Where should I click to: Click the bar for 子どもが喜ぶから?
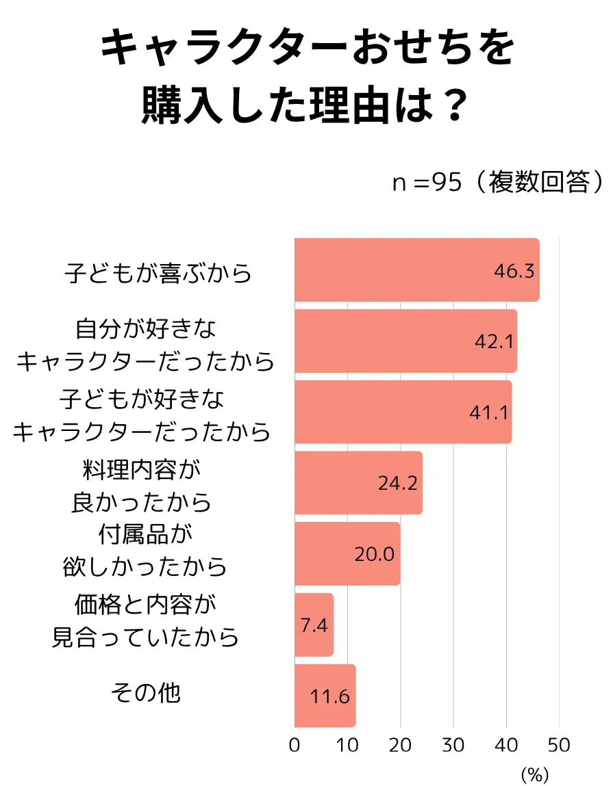pyautogui.click(x=416, y=270)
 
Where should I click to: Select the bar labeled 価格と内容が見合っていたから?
pyautogui.click(x=314, y=625)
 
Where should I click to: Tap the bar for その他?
pyautogui.click(x=325, y=696)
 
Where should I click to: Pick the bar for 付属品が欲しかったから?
pyautogui.click(x=347, y=553)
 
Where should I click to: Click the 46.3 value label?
pyautogui.click(x=514, y=271)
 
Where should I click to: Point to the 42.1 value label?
pyautogui.click(x=494, y=341)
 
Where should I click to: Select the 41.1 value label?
pyautogui.click(x=489, y=412)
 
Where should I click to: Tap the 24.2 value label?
pyautogui.click(x=398, y=484)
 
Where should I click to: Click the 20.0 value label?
pyautogui.click(x=375, y=554)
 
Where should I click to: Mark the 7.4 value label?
pyautogui.click(x=314, y=625)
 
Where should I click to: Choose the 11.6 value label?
pyautogui.click(x=330, y=696)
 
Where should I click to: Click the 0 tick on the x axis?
pyautogui.click(x=295, y=745)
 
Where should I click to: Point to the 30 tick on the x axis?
pyautogui.click(x=453, y=745)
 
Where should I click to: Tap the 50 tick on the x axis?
pyautogui.click(x=559, y=745)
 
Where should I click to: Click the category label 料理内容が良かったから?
pyautogui.click(x=142, y=486)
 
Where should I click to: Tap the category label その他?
pyautogui.click(x=145, y=693)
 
